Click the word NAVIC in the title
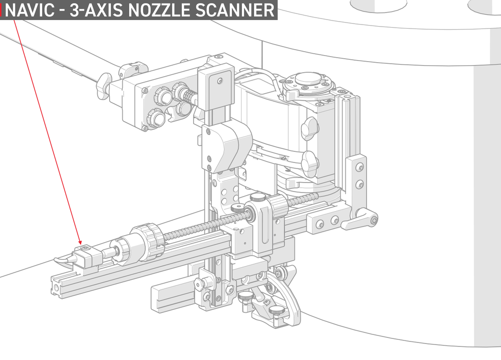(30, 10)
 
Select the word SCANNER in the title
(235, 10)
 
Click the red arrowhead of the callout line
(80, 242)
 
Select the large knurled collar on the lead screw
(148, 240)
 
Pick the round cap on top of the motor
(308, 78)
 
